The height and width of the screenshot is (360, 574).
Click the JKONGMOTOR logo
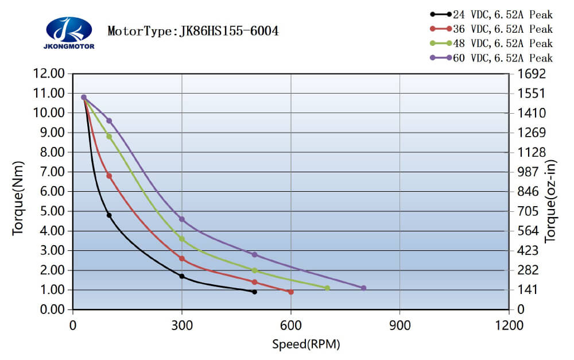click(69, 32)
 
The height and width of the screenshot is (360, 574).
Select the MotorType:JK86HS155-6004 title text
click(193, 31)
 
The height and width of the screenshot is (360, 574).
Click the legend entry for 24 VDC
click(491, 14)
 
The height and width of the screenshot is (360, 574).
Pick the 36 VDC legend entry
click(491, 29)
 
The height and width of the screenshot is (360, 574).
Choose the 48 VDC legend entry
click(491, 43)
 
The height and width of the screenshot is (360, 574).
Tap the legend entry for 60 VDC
click(491, 57)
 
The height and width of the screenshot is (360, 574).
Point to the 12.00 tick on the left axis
click(50, 73)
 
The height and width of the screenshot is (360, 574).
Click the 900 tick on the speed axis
click(400, 326)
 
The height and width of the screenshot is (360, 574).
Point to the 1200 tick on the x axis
click(509, 326)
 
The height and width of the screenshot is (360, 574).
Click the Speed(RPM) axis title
click(306, 344)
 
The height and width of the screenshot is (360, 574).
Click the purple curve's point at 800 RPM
click(363, 288)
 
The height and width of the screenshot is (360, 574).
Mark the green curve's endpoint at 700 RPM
click(327, 288)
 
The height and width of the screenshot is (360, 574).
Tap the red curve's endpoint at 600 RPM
click(291, 292)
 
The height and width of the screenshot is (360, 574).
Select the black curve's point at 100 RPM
click(109, 215)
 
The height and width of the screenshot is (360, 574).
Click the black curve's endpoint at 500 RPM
click(254, 292)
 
